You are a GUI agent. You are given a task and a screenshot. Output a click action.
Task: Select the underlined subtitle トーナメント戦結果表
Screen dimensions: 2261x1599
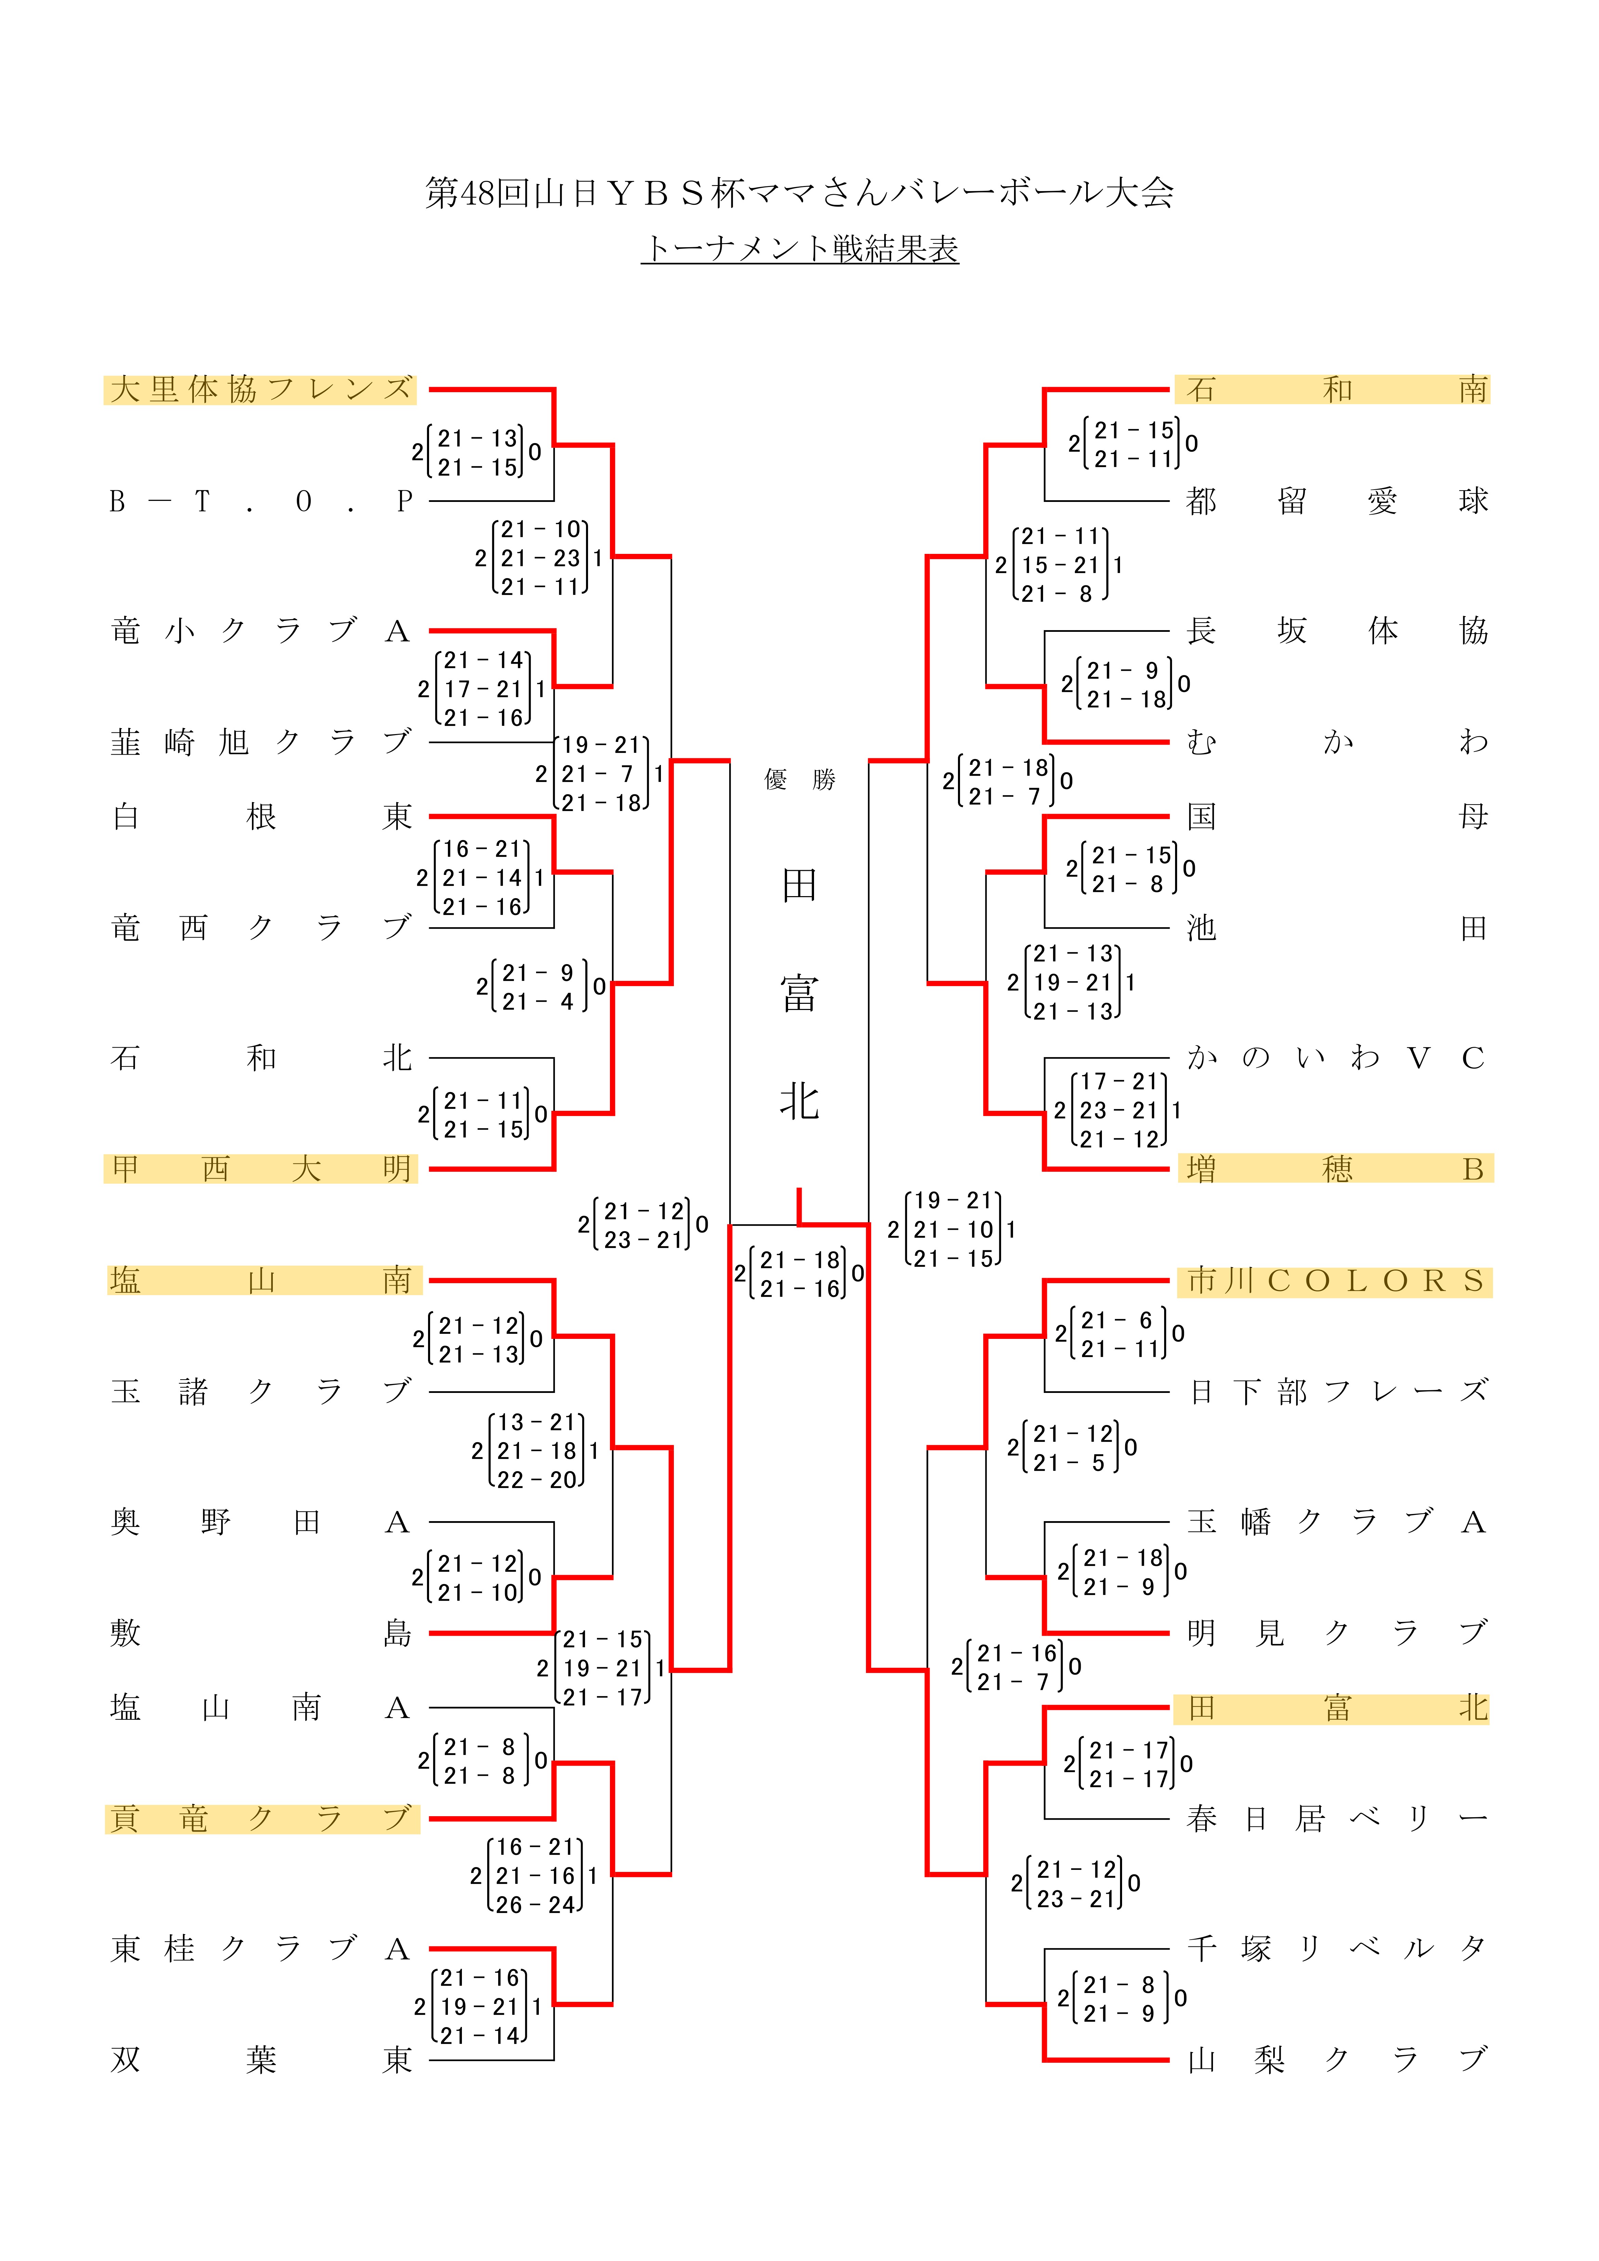tap(799, 248)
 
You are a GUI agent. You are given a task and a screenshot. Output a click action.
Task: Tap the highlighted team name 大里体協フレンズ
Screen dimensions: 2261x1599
tap(260, 390)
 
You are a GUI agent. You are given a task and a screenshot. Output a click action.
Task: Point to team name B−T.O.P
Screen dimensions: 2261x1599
tap(260, 501)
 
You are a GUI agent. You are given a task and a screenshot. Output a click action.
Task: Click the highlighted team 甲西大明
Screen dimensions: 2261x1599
tap(260, 1169)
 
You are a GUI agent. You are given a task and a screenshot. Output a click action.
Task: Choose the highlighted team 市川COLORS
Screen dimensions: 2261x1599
tap(1335, 1281)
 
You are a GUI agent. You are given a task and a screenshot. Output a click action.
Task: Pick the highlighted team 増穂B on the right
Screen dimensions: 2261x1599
tap(1335, 1169)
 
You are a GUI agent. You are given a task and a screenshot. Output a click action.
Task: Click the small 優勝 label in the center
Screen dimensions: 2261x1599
tap(799, 780)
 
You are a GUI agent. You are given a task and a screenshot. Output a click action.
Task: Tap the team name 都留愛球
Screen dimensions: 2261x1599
tap(1335, 501)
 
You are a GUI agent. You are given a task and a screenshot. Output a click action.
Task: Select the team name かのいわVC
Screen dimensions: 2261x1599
tap(1335, 1058)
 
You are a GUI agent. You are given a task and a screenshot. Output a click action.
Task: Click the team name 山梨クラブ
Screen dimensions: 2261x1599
tap(1335, 2059)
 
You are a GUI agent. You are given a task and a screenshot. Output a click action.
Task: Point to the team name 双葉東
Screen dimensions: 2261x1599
tap(260, 2059)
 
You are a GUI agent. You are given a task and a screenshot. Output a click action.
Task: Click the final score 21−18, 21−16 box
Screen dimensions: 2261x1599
tap(799, 1274)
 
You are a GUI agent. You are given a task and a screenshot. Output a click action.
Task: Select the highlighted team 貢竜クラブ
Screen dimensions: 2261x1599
tap(260, 1818)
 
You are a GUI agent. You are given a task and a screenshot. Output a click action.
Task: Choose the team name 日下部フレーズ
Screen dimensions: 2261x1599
tap(1335, 1392)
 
